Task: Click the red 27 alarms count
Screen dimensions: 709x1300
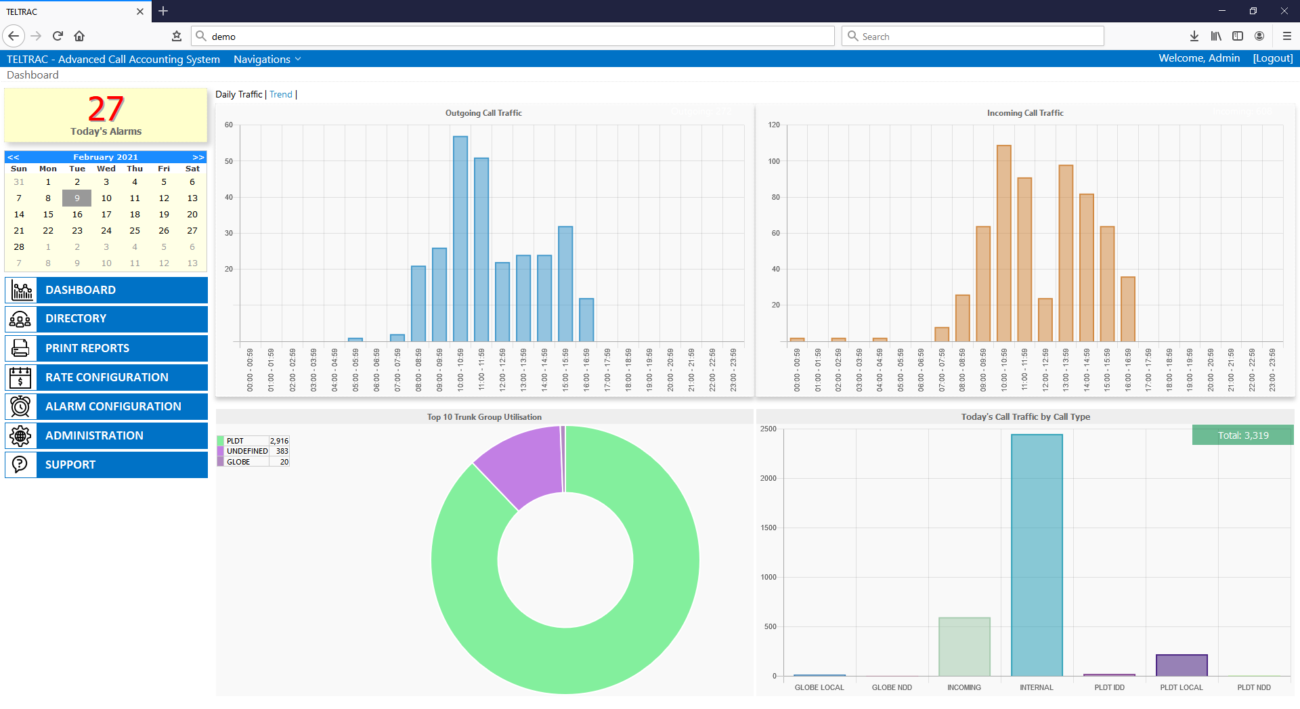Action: point(106,109)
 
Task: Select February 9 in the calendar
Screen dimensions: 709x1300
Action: point(77,198)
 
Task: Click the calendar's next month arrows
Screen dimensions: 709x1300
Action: point(198,157)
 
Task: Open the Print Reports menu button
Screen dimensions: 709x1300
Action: point(106,348)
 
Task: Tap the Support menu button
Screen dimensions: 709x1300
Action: point(106,465)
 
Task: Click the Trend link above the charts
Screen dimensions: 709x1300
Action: point(280,94)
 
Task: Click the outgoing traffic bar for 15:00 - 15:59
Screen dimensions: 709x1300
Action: point(565,284)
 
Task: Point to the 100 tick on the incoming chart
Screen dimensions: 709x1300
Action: point(774,161)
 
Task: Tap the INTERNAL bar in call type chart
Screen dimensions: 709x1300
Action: point(1037,555)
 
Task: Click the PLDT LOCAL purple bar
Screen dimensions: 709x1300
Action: point(1182,665)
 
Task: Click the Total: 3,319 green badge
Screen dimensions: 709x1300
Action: point(1242,435)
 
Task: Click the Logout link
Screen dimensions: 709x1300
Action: point(1272,58)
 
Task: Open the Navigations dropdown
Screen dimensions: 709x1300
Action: point(267,60)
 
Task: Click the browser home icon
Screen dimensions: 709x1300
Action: point(79,36)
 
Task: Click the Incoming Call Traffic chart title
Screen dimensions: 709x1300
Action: point(1025,113)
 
